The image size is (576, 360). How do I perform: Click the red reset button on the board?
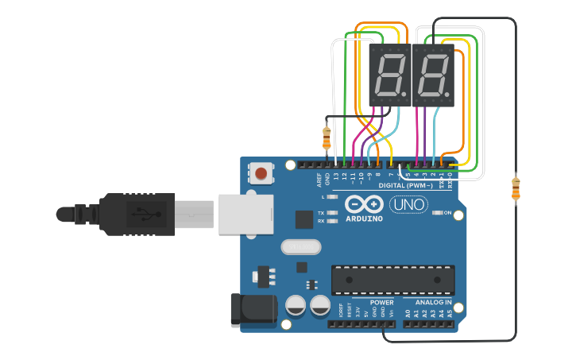(261, 172)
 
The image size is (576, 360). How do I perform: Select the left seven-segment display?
(389, 75)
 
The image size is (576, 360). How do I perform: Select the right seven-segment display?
(433, 75)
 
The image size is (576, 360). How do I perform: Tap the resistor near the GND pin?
(326, 139)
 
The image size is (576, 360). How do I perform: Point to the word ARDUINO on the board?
(365, 218)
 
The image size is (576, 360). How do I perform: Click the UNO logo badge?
(408, 205)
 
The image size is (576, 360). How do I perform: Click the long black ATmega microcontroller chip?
(393, 280)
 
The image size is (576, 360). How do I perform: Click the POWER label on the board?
(381, 303)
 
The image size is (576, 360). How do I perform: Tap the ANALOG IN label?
(432, 303)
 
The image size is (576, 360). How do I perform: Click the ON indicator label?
(447, 213)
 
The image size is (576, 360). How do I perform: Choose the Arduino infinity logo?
(364, 203)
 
